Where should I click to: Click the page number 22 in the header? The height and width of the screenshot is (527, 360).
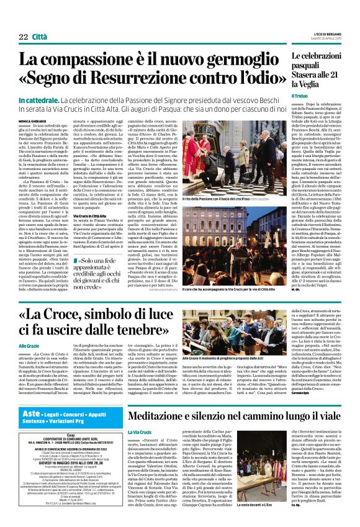(23, 37)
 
